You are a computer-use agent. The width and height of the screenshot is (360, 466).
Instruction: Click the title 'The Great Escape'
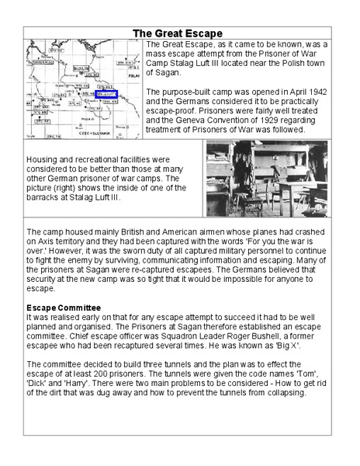177,33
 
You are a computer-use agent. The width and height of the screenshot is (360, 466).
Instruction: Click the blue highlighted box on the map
106,94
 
